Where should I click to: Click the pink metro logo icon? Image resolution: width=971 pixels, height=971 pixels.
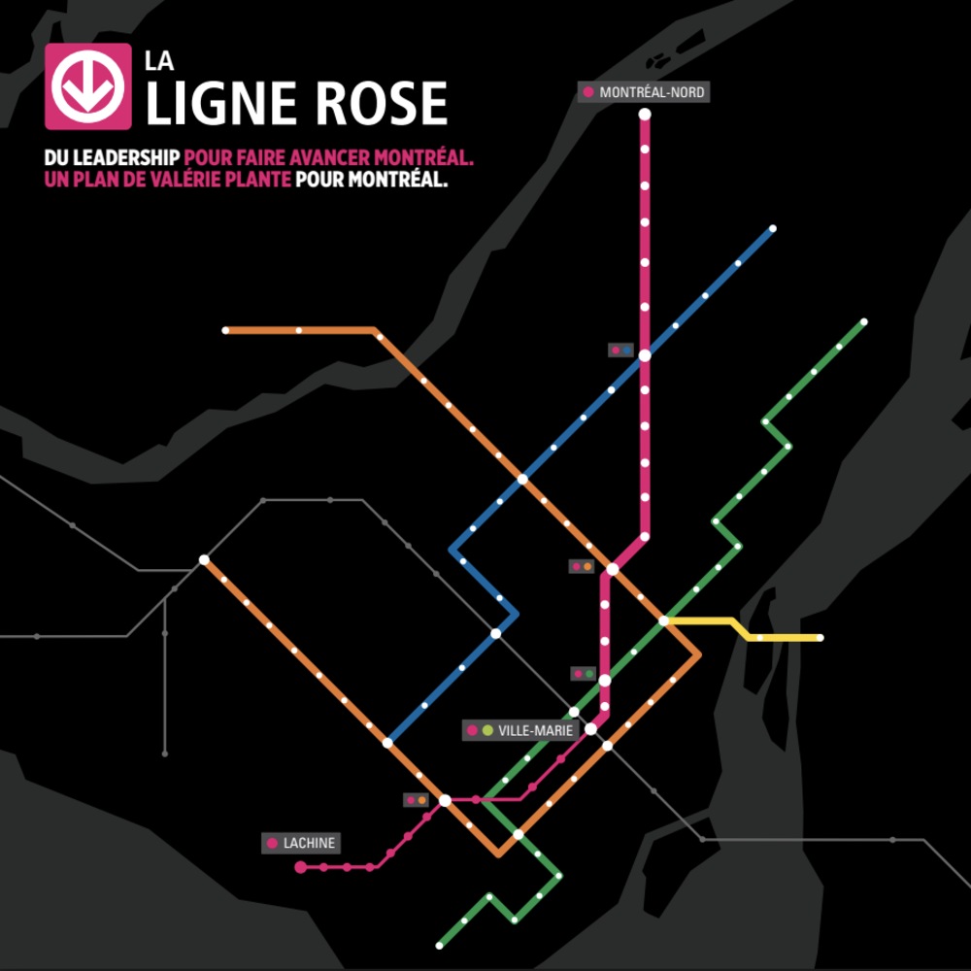87,86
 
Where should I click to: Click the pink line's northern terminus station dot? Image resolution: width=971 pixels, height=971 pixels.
644,115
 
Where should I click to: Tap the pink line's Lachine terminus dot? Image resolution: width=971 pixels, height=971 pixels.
301,866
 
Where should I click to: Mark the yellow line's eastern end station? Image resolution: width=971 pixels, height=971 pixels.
820,638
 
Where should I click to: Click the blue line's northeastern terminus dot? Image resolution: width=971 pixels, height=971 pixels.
773,229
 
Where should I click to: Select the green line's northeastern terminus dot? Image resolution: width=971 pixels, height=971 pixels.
864,321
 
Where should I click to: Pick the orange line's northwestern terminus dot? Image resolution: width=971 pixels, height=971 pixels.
225,331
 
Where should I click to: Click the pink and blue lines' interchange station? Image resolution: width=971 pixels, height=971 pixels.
644,355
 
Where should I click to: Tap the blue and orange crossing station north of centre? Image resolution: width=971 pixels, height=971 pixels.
522,479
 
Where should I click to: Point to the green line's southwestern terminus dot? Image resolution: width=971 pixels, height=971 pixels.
439,944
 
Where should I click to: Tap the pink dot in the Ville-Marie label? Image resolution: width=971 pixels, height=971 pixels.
473,730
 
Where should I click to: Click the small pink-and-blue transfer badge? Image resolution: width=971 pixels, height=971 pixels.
620,350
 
